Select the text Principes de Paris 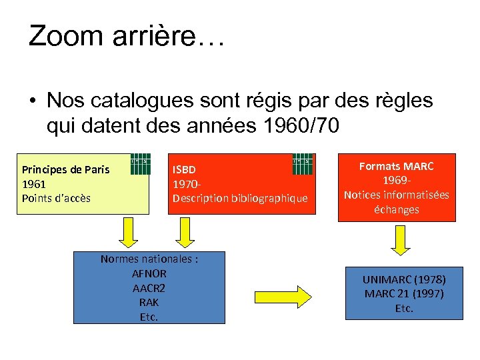(x=65, y=169)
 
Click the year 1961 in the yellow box (x=33, y=183)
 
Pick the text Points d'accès (x=56, y=198)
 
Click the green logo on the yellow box (x=139, y=164)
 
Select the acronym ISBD (x=184, y=169)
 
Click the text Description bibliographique (x=240, y=198)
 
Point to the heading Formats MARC (x=396, y=166)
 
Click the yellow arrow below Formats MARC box (x=401, y=240)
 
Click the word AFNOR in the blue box (x=149, y=273)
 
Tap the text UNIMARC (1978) (x=404, y=279)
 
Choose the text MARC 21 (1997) (x=404, y=294)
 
